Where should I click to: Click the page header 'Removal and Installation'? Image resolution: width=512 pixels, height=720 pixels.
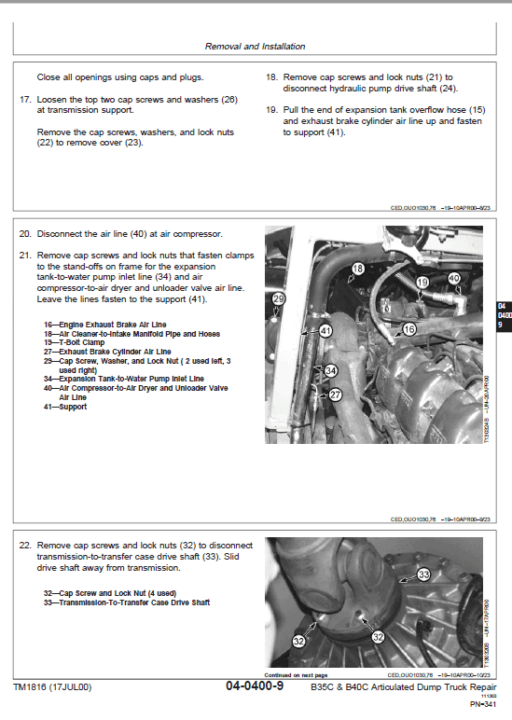[256, 46]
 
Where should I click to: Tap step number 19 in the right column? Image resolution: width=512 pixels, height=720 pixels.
[271, 109]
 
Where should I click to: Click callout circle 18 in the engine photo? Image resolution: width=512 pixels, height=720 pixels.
[357, 270]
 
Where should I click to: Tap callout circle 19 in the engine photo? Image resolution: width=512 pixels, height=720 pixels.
[422, 283]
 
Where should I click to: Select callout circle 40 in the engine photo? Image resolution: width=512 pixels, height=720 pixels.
[454, 278]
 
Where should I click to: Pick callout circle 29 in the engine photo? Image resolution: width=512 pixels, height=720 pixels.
[278, 298]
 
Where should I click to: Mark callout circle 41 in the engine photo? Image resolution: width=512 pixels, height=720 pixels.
[325, 330]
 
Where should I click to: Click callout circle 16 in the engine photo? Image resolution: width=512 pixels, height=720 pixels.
[408, 329]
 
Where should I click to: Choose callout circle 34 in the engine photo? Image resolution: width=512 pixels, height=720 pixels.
[330, 371]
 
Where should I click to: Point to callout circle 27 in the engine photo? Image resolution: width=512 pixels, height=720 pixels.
[336, 395]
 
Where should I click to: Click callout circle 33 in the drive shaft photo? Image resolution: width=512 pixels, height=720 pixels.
[422, 575]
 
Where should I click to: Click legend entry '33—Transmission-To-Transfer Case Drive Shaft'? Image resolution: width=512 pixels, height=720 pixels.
[127, 602]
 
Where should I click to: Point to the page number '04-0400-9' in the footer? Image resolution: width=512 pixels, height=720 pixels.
[255, 687]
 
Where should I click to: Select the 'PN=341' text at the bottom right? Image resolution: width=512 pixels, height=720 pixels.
[482, 704]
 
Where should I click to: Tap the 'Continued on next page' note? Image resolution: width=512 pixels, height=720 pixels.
[296, 674]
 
